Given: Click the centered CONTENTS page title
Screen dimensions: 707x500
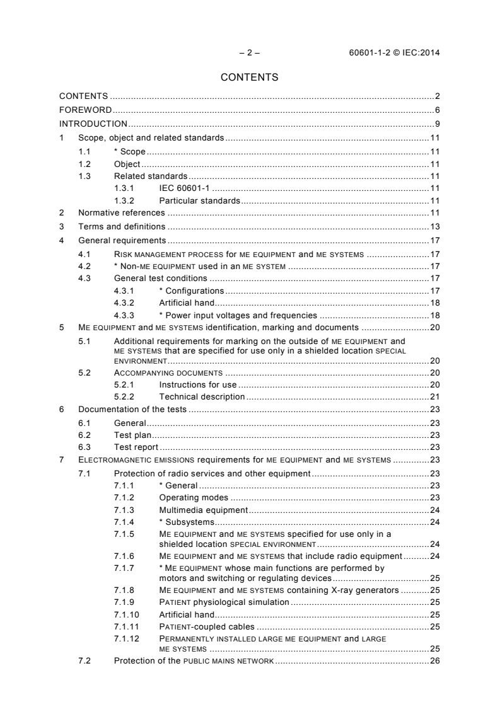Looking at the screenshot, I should (250, 78).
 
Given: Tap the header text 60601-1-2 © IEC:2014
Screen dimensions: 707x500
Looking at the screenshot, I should (394, 52).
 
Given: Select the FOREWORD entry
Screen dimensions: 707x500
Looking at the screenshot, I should (81, 110).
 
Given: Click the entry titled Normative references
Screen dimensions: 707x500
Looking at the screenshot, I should (122, 213).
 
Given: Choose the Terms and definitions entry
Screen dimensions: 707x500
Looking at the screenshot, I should (122, 226).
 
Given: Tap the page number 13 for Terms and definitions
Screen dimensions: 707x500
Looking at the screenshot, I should (434, 226).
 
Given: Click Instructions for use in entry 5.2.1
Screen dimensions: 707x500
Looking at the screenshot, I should (198, 384).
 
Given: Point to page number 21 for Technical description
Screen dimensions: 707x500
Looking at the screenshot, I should (434, 396).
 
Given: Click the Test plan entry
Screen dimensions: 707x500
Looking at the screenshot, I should (131, 434).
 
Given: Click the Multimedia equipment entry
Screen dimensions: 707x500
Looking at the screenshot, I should (204, 510).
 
